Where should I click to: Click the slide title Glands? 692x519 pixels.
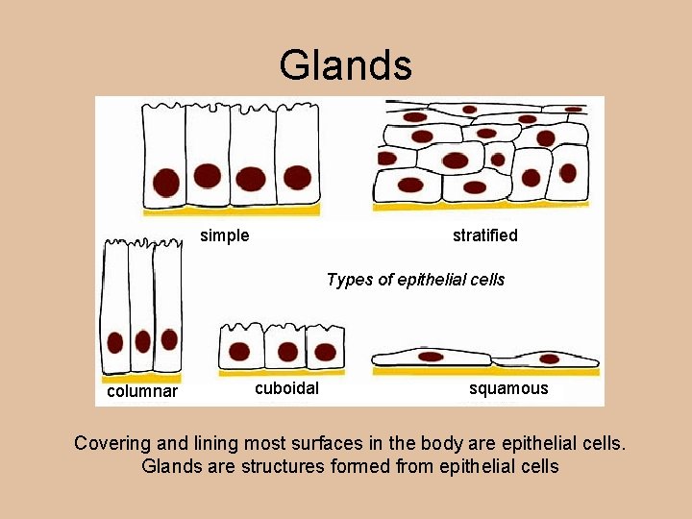(346, 65)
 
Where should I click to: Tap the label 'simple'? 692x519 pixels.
(224, 235)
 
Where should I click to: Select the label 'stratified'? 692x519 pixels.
(484, 235)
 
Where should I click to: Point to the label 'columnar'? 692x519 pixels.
(142, 391)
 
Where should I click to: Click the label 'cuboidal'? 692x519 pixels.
(286, 388)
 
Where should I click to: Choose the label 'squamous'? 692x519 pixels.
(508, 388)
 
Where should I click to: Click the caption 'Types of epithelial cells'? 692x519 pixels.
(415, 280)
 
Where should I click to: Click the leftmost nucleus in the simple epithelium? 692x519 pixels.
(165, 181)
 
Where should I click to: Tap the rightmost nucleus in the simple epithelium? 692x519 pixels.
(297, 178)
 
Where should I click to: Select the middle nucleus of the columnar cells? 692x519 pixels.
(142, 341)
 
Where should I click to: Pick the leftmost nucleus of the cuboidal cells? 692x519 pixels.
(239, 352)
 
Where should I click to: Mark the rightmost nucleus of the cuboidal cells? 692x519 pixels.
(325, 352)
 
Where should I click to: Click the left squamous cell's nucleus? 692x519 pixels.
(431, 357)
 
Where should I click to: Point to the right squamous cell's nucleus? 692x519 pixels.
(549, 359)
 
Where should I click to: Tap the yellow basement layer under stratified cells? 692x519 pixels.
(481, 206)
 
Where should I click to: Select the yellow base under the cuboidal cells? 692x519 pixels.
(281, 372)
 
